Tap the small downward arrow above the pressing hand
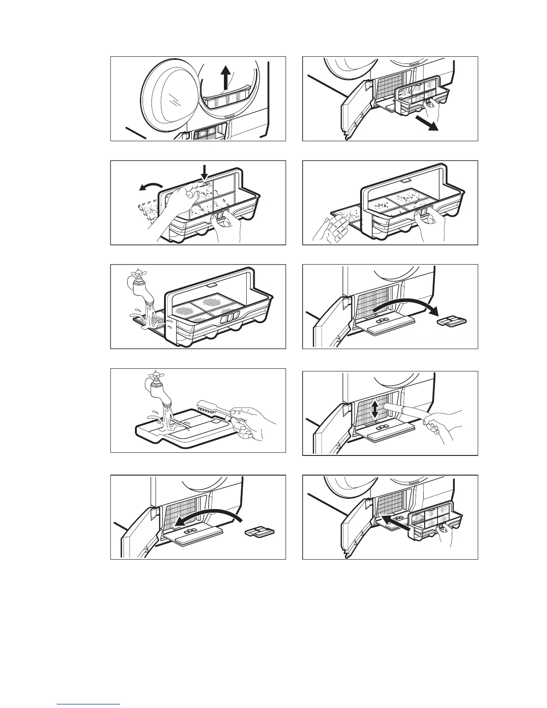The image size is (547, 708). pyautogui.click(x=205, y=172)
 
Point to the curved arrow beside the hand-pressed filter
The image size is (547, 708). pyautogui.click(x=150, y=186)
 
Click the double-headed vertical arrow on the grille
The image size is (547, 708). pyautogui.click(x=374, y=409)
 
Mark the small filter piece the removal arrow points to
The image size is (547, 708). pyautogui.click(x=452, y=321)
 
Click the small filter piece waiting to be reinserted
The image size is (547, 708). pyautogui.click(x=260, y=531)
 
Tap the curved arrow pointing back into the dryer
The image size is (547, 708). pyautogui.click(x=208, y=518)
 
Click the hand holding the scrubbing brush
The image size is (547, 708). pyautogui.click(x=252, y=423)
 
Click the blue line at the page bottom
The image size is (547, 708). pyautogui.click(x=89, y=704)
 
